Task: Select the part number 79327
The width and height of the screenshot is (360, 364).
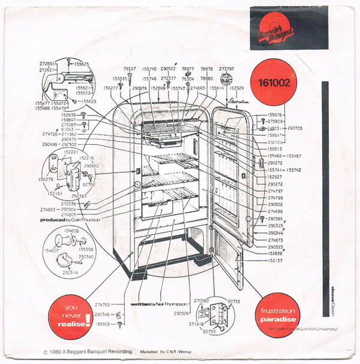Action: click(x=130, y=68)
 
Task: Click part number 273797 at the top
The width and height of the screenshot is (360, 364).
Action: click(x=227, y=68)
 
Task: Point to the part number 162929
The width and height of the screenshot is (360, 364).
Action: click(x=238, y=88)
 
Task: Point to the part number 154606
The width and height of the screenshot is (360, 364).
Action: click(x=71, y=231)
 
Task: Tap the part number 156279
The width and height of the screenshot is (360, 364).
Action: click(x=47, y=178)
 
